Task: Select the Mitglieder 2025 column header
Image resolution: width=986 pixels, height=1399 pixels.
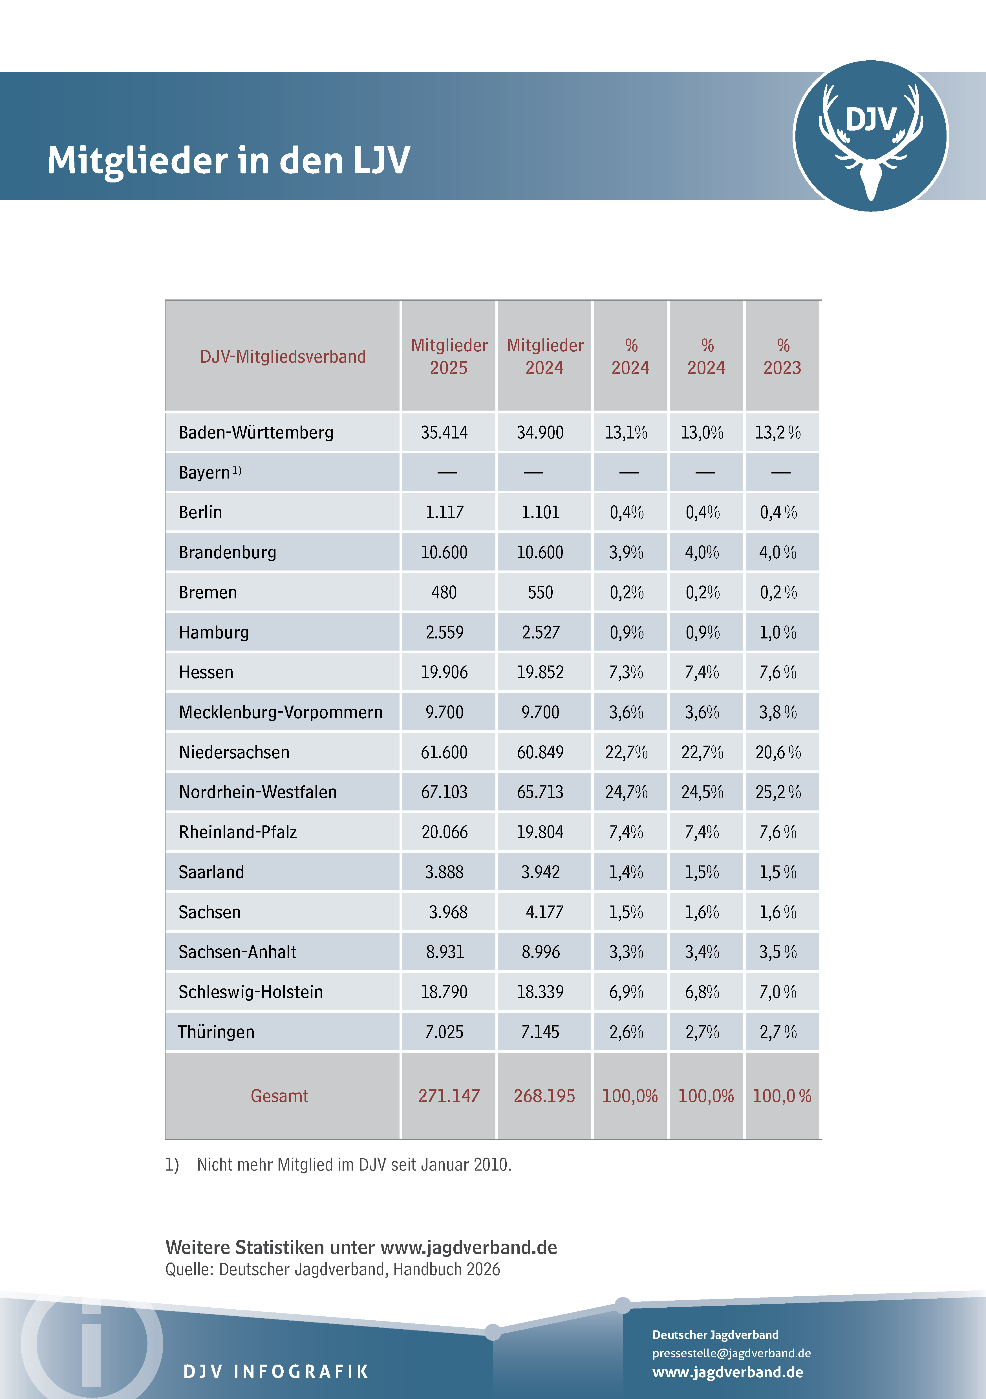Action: pyautogui.click(x=449, y=356)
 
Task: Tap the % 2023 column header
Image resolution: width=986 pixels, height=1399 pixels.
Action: pyautogui.click(x=782, y=356)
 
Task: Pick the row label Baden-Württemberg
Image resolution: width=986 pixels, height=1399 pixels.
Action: pyautogui.click(x=256, y=433)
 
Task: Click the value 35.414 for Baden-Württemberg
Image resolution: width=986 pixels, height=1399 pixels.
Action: pyautogui.click(x=444, y=433)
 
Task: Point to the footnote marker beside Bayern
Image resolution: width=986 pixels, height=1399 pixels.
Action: pyautogui.click(x=237, y=470)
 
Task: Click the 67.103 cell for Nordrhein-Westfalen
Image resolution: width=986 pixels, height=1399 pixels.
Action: pyautogui.click(x=444, y=792)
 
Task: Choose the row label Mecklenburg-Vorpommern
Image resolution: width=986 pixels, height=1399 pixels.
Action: pyautogui.click(x=280, y=712)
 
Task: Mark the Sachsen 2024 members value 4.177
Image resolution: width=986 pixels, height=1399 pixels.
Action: pyautogui.click(x=544, y=912)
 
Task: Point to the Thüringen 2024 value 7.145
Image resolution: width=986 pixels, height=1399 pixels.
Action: pyautogui.click(x=540, y=1032)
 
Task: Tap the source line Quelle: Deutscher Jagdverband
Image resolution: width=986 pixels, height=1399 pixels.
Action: pyautogui.click(x=333, y=1269)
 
